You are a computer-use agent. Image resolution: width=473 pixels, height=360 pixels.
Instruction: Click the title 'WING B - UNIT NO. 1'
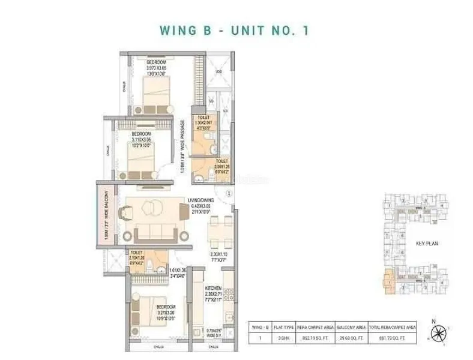pyautogui.click(x=233, y=30)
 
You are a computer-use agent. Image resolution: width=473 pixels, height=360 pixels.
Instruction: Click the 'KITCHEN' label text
pyautogui.click(x=214, y=289)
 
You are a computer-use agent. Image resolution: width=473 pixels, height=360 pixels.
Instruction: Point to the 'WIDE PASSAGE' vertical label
pyautogui.click(x=184, y=148)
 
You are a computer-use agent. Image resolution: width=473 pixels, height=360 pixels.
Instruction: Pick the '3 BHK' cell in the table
pyautogui.click(x=280, y=338)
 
